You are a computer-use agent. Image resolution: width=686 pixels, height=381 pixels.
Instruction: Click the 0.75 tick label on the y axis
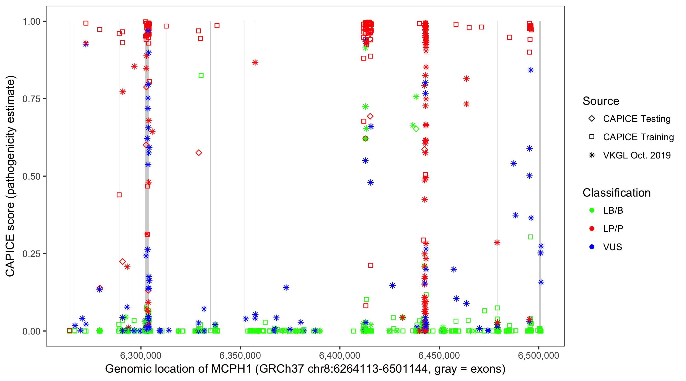31,99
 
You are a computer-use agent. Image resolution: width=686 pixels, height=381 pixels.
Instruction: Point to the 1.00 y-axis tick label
31,22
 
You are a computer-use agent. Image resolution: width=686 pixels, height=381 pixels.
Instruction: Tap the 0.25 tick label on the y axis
31,254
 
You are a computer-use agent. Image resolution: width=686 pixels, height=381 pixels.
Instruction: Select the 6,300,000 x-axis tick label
141,355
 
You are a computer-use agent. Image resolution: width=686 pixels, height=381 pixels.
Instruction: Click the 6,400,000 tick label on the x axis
339,355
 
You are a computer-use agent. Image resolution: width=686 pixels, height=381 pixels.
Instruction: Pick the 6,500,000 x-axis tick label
538,355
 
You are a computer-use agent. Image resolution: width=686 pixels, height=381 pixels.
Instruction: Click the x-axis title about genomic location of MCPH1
305,369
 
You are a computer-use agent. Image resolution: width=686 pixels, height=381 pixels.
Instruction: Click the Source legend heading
601,101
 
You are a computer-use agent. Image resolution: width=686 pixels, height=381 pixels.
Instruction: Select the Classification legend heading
616,193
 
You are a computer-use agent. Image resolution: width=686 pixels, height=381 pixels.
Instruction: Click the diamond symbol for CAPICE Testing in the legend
592,119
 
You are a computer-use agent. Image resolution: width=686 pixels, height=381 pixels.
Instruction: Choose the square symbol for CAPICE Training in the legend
592,137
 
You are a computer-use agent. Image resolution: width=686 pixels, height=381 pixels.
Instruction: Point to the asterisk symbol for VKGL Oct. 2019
592,155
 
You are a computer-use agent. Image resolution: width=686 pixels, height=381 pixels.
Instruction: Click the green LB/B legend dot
592,210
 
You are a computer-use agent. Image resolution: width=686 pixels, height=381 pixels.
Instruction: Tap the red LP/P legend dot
592,229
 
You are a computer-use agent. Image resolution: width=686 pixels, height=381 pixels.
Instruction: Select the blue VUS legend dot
592,247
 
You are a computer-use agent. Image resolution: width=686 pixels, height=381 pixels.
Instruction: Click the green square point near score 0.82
201,76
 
